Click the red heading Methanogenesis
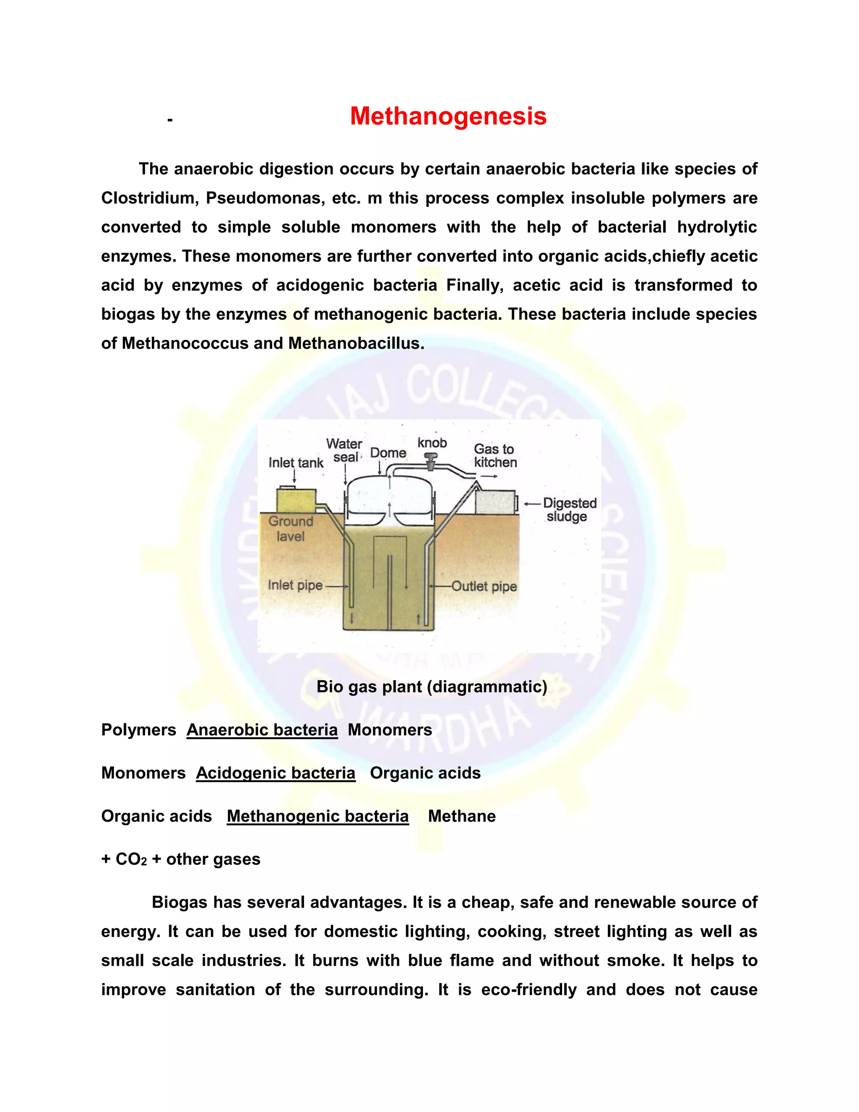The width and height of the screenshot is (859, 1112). pyautogui.click(x=448, y=116)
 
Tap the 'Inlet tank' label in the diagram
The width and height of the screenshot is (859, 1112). pyautogui.click(x=296, y=463)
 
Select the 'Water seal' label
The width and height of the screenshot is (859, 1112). pyautogui.click(x=344, y=451)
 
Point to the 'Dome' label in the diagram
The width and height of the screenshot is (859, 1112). pyautogui.click(x=388, y=453)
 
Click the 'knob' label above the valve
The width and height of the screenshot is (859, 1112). pyautogui.click(x=432, y=443)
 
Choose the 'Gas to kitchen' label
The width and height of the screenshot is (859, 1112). pyautogui.click(x=495, y=456)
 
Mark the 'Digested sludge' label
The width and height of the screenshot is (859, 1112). pyautogui.click(x=569, y=510)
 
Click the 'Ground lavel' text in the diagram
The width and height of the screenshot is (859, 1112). pyautogui.click(x=291, y=528)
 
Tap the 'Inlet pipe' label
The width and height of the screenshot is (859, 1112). pyautogui.click(x=295, y=585)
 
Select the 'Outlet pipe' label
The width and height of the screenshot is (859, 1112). pyautogui.click(x=484, y=586)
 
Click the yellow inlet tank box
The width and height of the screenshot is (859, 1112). pyautogui.click(x=296, y=501)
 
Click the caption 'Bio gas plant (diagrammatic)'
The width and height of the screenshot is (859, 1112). pyautogui.click(x=432, y=687)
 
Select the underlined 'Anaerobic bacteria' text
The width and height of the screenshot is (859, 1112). pyautogui.click(x=262, y=730)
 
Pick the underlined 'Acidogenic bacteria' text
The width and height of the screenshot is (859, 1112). pyautogui.click(x=275, y=773)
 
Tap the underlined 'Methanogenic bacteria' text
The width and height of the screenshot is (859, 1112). pyautogui.click(x=318, y=816)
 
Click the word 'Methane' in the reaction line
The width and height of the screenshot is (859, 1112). pyautogui.click(x=461, y=816)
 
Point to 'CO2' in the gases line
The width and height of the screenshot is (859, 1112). pyautogui.click(x=131, y=859)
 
